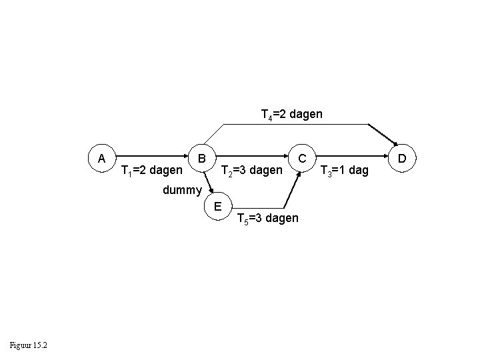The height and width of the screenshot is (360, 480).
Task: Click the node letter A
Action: coord(101,159)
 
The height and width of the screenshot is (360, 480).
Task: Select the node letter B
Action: coord(201,159)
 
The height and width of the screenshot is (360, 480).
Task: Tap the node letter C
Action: coord(302,159)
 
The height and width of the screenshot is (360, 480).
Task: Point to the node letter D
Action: coord(402,159)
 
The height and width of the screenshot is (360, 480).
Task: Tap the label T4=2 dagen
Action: coord(291,115)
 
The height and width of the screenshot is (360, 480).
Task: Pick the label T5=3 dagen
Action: coord(268,219)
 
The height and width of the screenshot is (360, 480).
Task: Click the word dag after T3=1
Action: coord(358,171)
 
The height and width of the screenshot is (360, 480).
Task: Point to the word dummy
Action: coord(182,190)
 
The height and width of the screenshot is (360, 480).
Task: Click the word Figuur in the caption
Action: coord(23,345)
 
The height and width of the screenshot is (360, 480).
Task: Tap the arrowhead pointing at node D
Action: coord(394,141)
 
